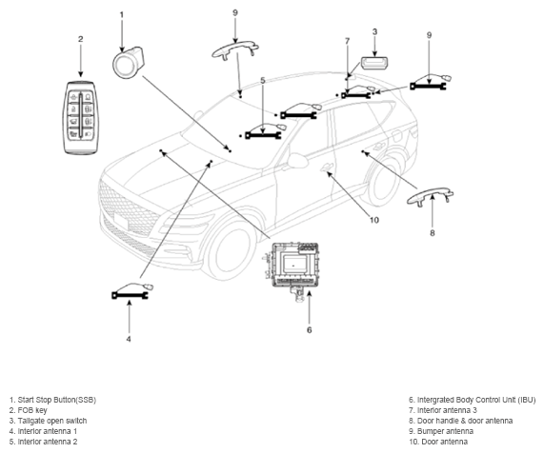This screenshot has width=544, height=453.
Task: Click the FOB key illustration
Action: (x=81, y=117)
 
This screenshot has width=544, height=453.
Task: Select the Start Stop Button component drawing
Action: (x=128, y=63)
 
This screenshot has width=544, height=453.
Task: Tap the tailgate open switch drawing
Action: (x=374, y=64)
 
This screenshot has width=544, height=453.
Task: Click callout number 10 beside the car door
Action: (x=374, y=220)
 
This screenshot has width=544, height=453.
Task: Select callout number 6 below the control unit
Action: (x=309, y=330)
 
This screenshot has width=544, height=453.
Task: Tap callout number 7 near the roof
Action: (x=348, y=41)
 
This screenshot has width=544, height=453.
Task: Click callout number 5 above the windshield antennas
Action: (x=263, y=80)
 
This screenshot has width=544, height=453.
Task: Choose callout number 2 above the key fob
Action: (x=80, y=39)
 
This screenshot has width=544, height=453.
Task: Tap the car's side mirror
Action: (x=296, y=161)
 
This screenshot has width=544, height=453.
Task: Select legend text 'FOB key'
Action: (x=32, y=410)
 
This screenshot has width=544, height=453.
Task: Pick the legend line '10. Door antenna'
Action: (x=438, y=442)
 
